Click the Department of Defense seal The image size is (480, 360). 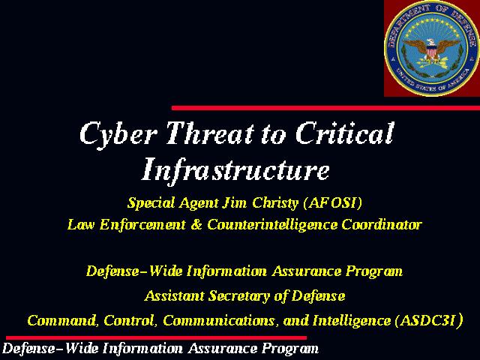pos(432,48)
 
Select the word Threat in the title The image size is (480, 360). pos(210,133)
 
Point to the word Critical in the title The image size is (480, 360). pos(345,133)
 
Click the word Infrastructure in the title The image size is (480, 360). pos(235,170)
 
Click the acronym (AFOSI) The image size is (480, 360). pos(332,202)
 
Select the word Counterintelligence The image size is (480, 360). pos(272,225)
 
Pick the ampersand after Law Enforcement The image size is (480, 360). pos(196,225)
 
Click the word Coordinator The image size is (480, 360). pos(382,225)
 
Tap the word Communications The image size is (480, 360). pos(218,321)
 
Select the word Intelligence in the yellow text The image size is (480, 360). pos(352,321)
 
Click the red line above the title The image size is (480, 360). pos(325,108)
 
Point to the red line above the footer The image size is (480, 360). pos(157,337)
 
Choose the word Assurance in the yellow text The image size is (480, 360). pos(307,271)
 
